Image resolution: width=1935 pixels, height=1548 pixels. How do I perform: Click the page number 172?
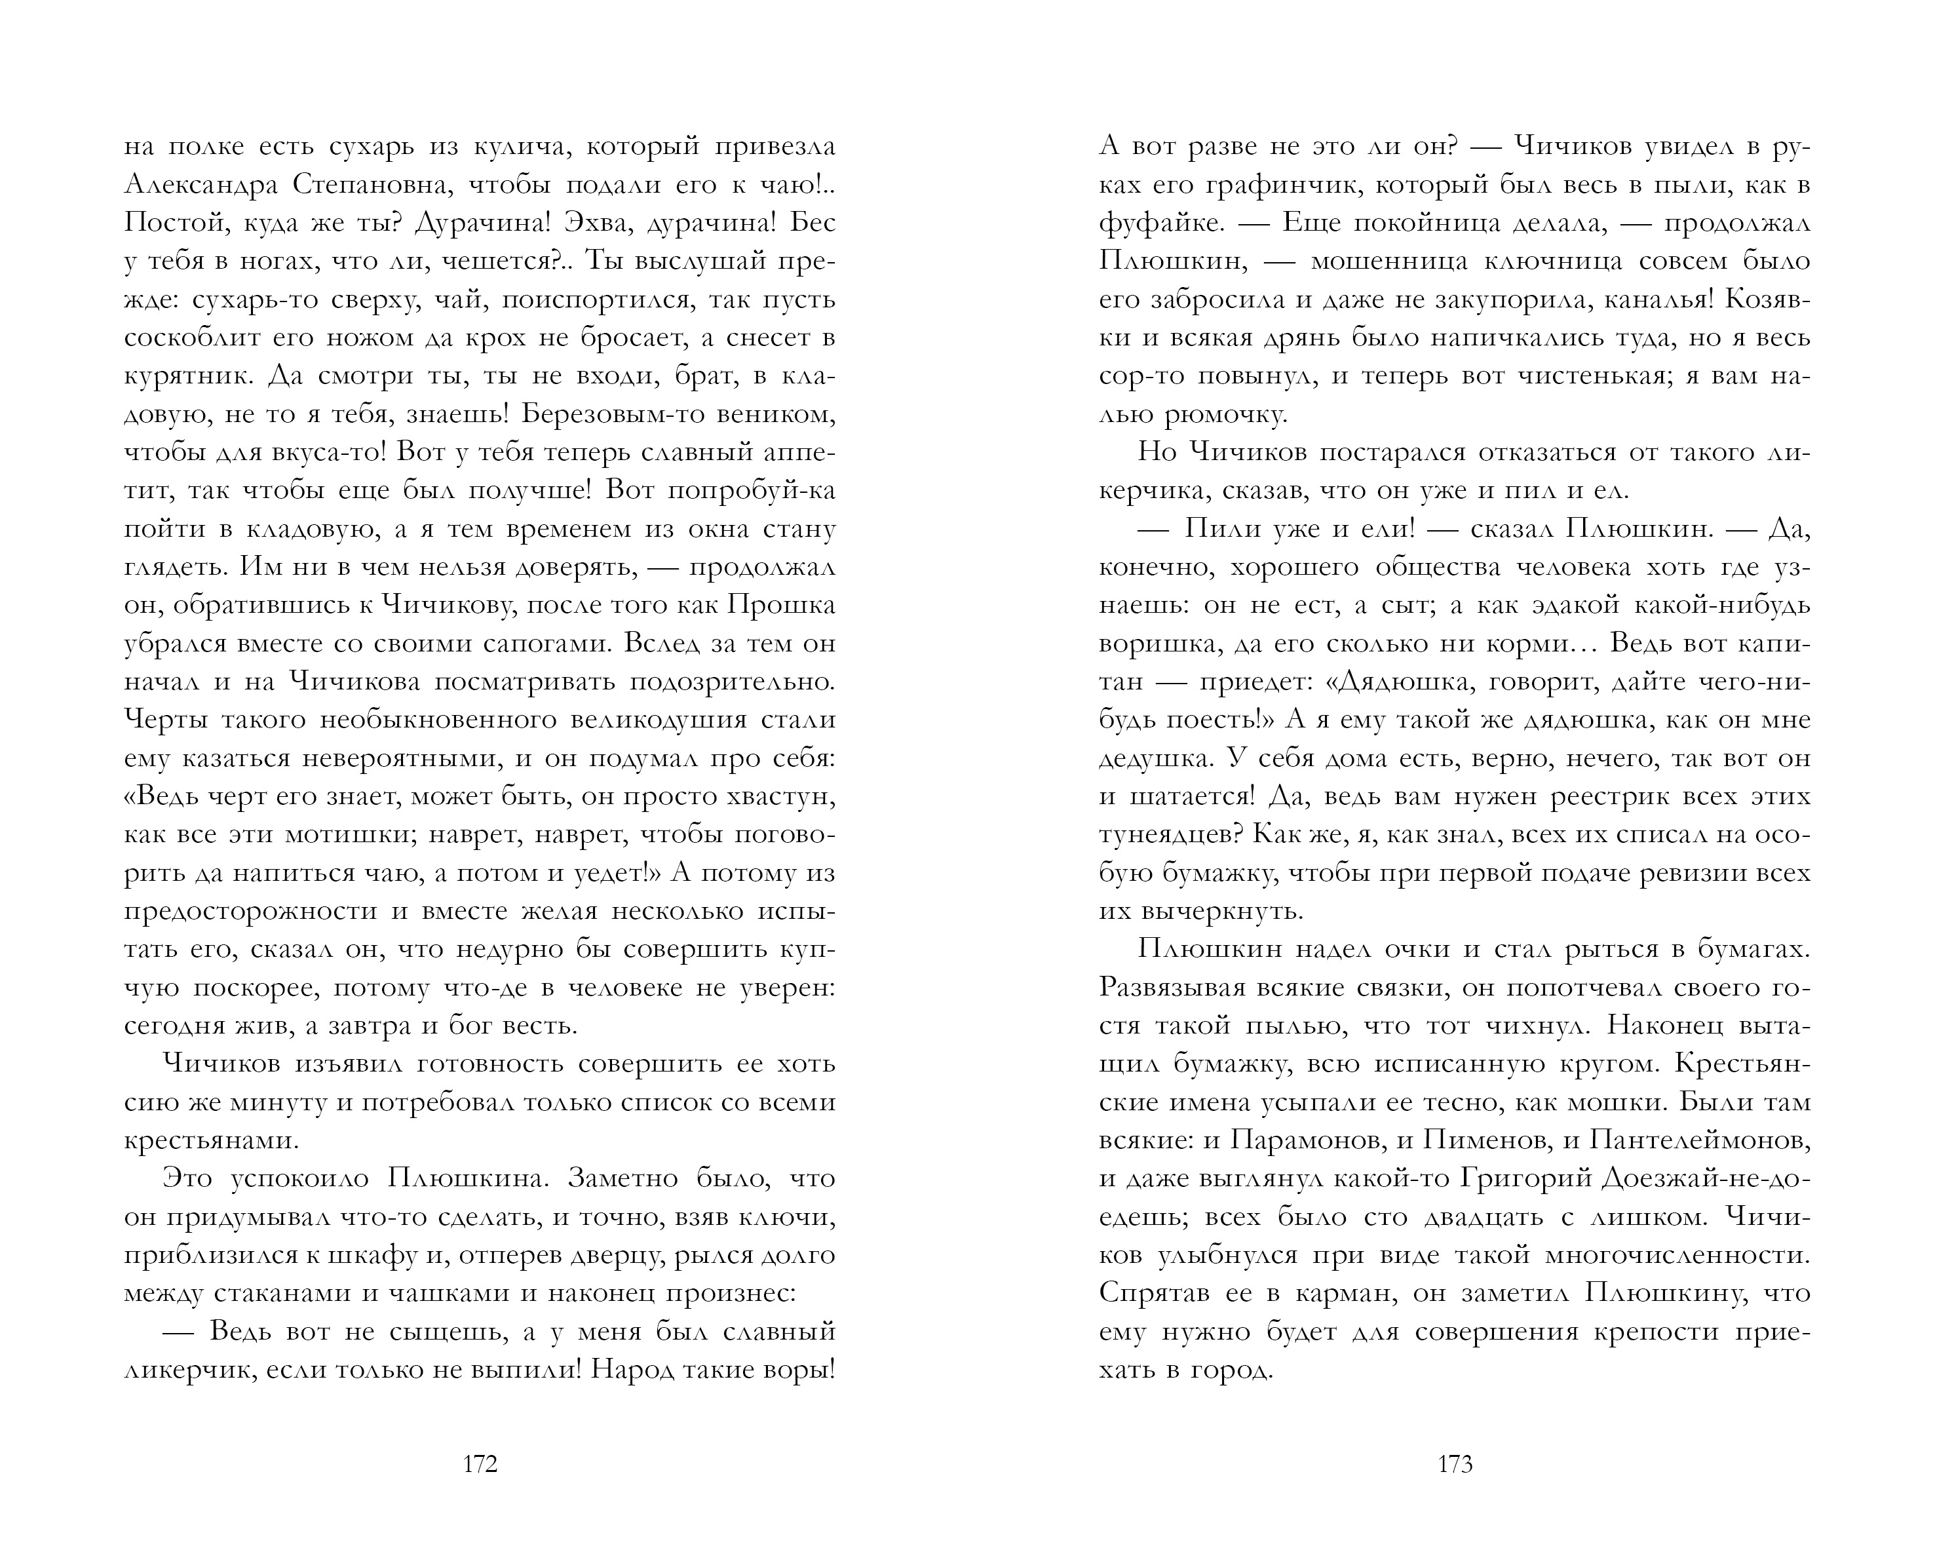[480, 1465]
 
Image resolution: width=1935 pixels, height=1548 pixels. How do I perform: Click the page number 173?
[1455, 1465]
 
